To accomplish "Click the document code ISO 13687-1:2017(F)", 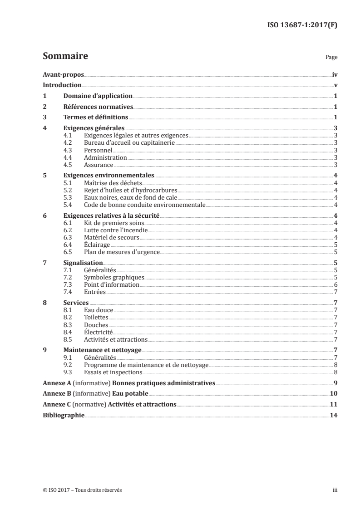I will (304, 25).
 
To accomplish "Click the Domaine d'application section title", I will (98, 96).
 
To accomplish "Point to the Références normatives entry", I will (98, 107).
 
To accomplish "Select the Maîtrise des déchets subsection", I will (113, 183).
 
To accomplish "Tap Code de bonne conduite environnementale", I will (145, 205).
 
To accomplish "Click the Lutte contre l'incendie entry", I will (116, 230).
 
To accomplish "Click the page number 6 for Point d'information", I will (335, 285).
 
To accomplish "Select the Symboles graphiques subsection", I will (114, 278).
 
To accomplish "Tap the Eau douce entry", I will (99, 310).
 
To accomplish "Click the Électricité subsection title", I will (98, 332).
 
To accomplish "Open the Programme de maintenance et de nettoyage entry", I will (146, 365).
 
